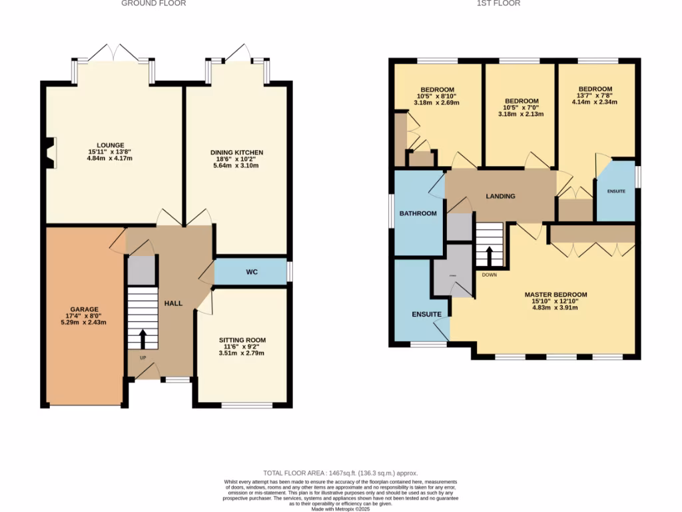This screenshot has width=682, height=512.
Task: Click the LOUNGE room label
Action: [x=111, y=145]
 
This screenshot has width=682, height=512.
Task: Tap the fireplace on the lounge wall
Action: [x=49, y=150]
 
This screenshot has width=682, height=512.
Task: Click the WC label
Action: [x=252, y=272]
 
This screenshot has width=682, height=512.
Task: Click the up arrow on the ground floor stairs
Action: [x=143, y=338]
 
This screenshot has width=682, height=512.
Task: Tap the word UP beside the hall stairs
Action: [x=143, y=358]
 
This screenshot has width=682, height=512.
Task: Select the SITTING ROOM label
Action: [x=242, y=340]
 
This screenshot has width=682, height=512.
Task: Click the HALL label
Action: [x=173, y=303]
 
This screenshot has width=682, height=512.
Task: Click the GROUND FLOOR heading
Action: [x=154, y=3]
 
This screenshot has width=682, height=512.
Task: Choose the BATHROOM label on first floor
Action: [x=418, y=213]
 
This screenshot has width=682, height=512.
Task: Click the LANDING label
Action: [x=500, y=196]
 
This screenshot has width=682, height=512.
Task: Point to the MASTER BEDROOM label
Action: [x=555, y=295]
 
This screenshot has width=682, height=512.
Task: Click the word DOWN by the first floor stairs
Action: [x=490, y=274]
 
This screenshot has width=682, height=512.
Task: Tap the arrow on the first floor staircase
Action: [x=490, y=256]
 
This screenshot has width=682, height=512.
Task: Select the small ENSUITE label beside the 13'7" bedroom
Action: [x=616, y=191]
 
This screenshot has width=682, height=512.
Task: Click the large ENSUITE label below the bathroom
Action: [x=426, y=314]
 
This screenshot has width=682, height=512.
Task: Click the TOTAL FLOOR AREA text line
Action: [x=341, y=473]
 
